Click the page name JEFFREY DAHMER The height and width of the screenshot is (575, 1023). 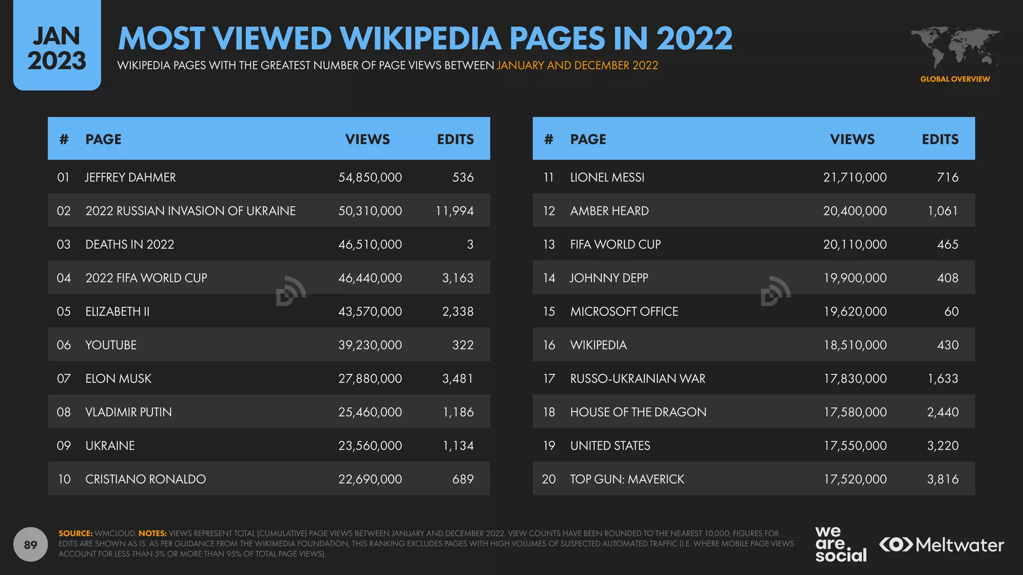pyautogui.click(x=130, y=177)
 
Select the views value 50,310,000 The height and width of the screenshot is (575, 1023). pyautogui.click(x=370, y=211)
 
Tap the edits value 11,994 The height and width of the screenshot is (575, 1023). pyautogui.click(x=454, y=211)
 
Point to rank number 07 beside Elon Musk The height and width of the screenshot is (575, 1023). pyautogui.click(x=63, y=378)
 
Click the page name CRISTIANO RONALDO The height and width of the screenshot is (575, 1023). pyautogui.click(x=145, y=479)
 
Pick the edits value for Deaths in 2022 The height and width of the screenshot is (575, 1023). pyautogui.click(x=470, y=244)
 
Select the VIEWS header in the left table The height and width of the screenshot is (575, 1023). pyautogui.click(x=367, y=139)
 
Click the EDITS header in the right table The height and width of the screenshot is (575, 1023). pyautogui.click(x=940, y=139)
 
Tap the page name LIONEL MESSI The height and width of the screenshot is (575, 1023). pyautogui.click(x=607, y=177)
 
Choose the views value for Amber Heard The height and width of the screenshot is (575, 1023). pyautogui.click(x=855, y=211)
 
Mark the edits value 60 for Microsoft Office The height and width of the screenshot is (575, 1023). pyautogui.click(x=951, y=311)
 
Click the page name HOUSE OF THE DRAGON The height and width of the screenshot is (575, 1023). pyautogui.click(x=638, y=412)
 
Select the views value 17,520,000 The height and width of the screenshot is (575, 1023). pyautogui.click(x=855, y=479)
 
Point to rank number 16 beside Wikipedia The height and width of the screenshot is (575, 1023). pyautogui.click(x=549, y=345)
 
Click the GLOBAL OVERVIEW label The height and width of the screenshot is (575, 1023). pyautogui.click(x=955, y=79)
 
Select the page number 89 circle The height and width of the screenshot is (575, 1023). pyautogui.click(x=30, y=545)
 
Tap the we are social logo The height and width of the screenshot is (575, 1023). pyautogui.click(x=841, y=545)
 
